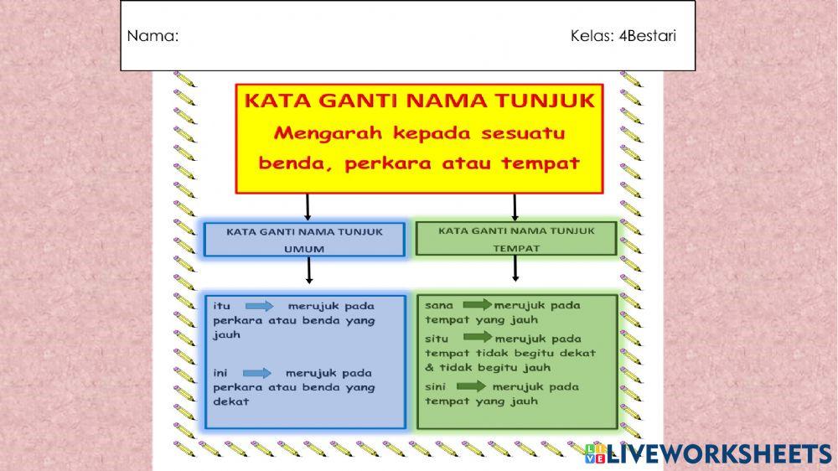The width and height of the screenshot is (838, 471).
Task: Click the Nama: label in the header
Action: (153, 36)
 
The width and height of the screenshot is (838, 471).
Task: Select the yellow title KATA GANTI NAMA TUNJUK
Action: (419, 101)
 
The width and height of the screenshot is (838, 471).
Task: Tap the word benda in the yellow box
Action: (288, 163)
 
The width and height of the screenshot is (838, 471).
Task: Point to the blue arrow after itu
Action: (259, 306)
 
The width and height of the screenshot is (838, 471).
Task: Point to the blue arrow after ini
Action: (257, 373)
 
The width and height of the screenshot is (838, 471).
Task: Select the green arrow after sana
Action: (477, 305)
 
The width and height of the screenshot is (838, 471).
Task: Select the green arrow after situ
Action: (478, 337)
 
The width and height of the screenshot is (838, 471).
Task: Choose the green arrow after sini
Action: (471, 386)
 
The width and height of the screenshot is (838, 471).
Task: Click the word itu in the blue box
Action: (221, 306)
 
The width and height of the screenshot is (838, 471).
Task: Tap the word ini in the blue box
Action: (221, 373)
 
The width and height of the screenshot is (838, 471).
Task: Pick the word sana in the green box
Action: (439, 305)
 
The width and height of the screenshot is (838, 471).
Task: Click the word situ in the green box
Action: (438, 339)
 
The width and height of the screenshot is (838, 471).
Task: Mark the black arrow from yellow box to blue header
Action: (308, 207)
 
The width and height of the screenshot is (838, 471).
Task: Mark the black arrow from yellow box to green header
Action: (515, 207)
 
